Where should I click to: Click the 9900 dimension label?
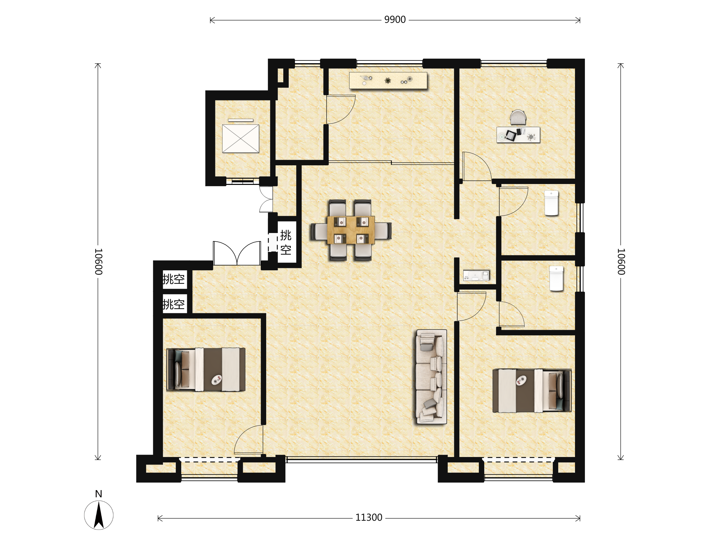point(395,20)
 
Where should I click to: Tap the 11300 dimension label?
point(369,517)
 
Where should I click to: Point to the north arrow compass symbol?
point(99,515)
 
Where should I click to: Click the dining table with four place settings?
point(351,230)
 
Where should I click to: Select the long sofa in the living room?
point(431,377)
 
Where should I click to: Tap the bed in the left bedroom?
point(206,370)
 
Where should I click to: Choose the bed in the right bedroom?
point(532,391)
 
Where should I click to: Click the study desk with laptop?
point(518,135)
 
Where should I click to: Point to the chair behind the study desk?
point(518,117)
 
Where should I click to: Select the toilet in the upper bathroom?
point(551,203)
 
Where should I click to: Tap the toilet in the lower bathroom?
point(556,278)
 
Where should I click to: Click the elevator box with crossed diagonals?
point(241,139)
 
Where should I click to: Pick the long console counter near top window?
point(388,81)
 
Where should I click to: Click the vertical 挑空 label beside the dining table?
point(286,242)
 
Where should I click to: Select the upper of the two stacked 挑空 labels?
point(174,279)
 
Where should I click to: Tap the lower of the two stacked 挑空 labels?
point(174,304)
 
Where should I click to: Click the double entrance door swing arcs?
point(237,253)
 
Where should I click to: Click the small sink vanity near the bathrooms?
point(476,275)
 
